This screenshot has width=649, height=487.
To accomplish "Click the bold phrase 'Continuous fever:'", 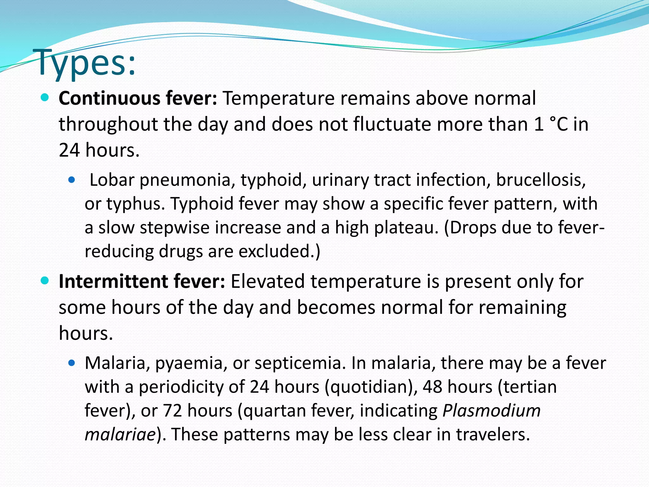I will tap(138, 98).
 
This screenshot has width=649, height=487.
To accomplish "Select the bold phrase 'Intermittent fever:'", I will tap(142, 282).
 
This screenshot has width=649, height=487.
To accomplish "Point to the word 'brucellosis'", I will tap(540, 180).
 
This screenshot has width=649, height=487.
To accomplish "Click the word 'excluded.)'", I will tap(279, 251).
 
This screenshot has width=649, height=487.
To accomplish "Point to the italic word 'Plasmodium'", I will tap(492, 411).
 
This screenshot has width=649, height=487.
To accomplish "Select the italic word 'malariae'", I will tap(120, 435).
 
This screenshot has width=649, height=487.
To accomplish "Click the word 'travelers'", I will tap(493, 435).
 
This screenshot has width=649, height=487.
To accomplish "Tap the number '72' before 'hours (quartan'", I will tap(172, 411).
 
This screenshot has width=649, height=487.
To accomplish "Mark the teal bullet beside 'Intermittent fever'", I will tap(45, 281).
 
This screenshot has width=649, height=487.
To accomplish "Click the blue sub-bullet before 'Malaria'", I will tap(72, 363).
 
